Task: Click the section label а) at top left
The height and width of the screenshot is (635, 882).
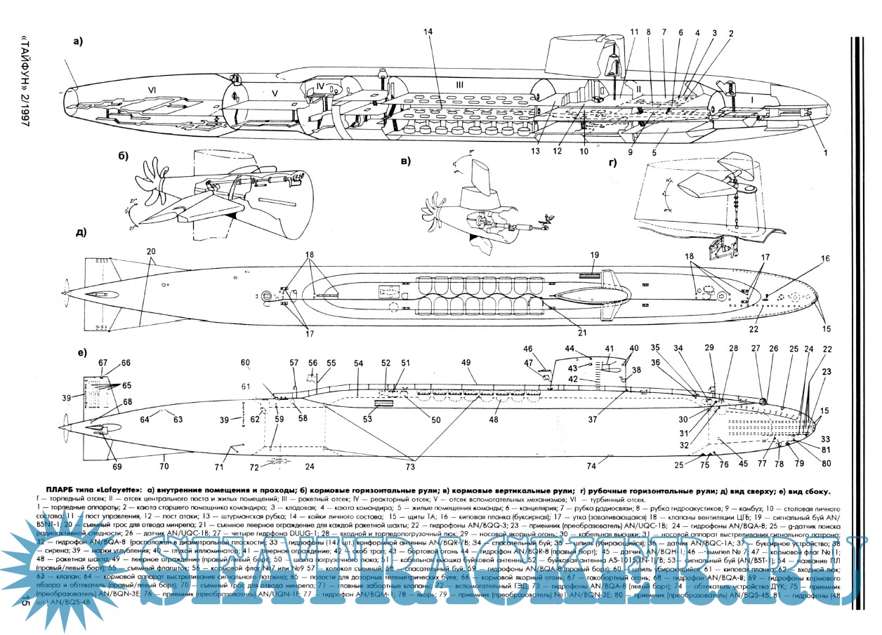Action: pos(77,41)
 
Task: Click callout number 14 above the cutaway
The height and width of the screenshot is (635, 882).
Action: pos(428,33)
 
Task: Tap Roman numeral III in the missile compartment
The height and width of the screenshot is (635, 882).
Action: pos(460,86)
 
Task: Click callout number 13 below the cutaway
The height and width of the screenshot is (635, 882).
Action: pos(535,149)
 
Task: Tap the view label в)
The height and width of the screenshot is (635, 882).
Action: pos(405,161)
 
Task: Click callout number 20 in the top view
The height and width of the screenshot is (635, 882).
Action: pos(150,251)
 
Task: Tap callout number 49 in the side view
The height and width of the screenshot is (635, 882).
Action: pos(465,362)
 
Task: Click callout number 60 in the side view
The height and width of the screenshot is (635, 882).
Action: pos(245,363)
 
